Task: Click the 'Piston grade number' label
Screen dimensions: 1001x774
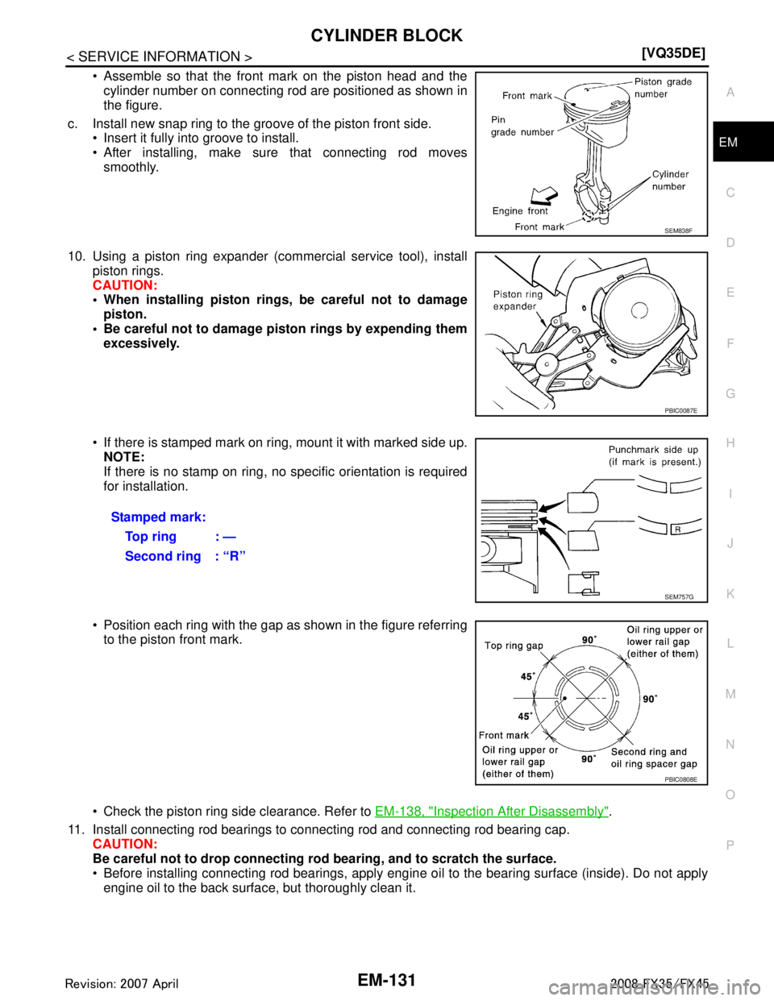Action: [663, 88]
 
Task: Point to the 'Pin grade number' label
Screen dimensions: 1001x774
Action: [522, 126]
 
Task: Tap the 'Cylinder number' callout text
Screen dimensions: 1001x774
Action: [670, 180]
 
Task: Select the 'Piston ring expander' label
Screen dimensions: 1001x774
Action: [518, 300]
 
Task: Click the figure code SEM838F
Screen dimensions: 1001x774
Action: [678, 230]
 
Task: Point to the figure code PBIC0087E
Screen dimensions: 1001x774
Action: [681, 410]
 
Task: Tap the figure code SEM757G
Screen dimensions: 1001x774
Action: [678, 597]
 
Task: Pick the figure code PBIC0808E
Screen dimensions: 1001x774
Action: [681, 779]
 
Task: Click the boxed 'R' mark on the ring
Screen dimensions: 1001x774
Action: [677, 529]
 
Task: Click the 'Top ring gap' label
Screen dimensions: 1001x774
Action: [514, 646]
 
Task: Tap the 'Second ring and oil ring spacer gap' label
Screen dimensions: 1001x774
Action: [653, 758]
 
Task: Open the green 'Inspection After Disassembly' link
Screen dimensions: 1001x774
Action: [491, 812]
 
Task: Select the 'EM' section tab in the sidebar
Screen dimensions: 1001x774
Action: [728, 143]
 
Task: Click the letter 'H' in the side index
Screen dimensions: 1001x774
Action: [730, 443]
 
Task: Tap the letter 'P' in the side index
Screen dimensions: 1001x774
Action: [730, 845]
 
